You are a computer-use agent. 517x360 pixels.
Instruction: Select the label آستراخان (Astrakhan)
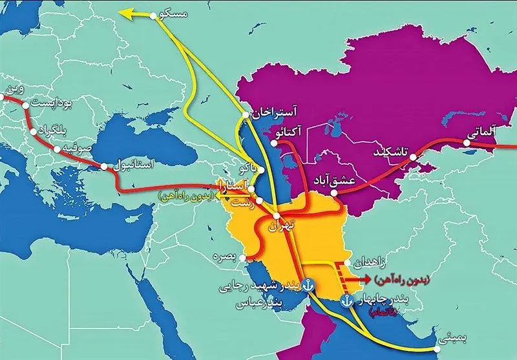pos(275,111)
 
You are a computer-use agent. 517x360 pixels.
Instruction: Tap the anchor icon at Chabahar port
pos(346,300)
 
